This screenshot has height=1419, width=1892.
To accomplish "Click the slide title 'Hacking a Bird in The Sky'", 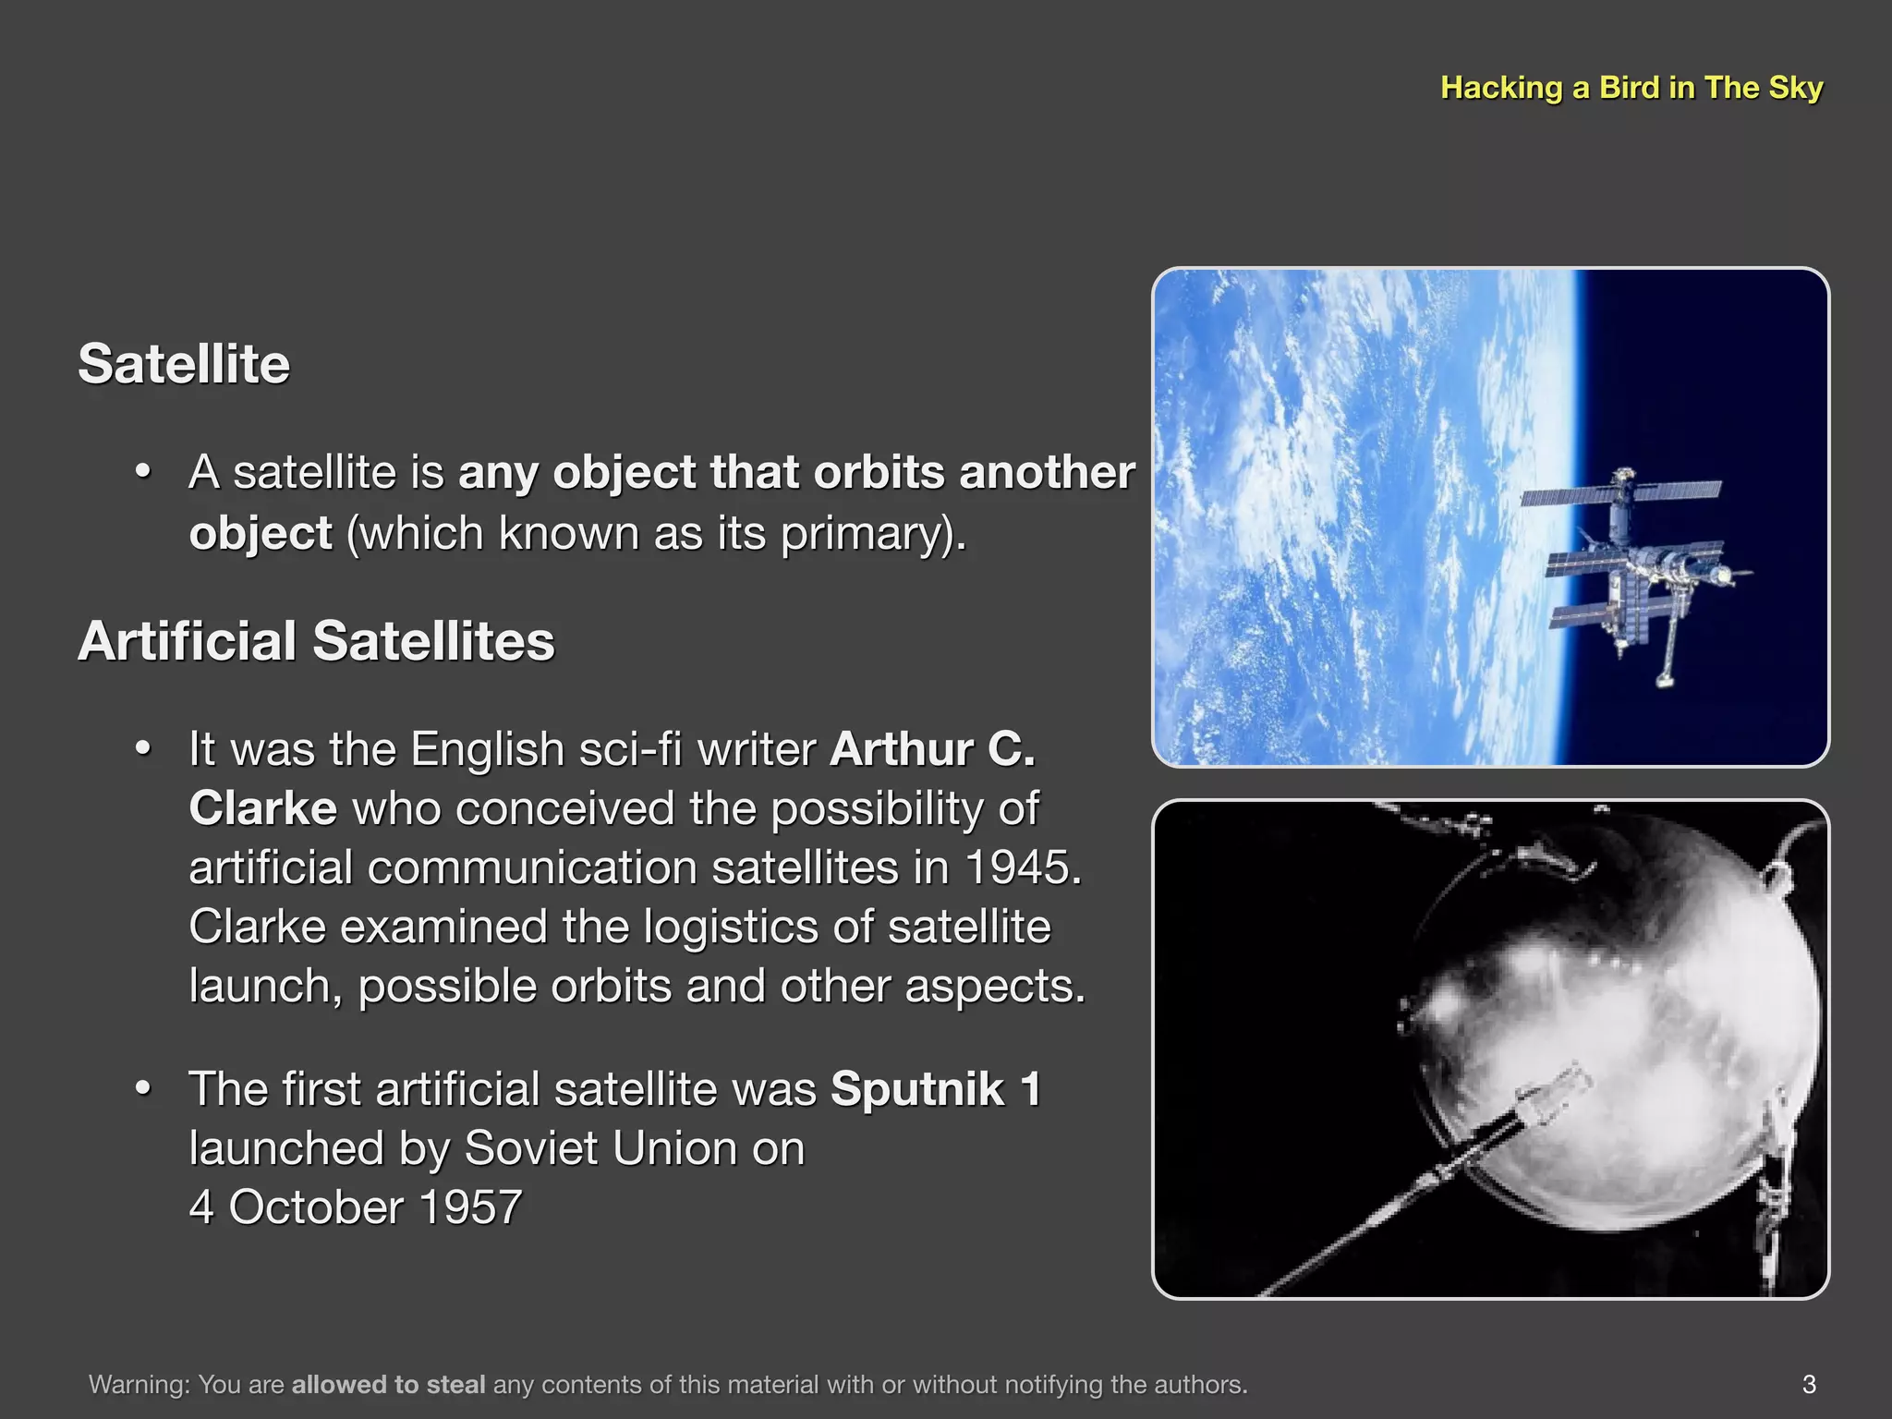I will (1631, 88).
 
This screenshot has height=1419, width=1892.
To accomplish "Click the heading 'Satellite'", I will (184, 363).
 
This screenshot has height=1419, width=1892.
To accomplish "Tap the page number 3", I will (1809, 1384).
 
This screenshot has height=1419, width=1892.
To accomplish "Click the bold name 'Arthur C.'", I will (932, 748).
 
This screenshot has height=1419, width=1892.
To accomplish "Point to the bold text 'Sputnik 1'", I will (935, 1088).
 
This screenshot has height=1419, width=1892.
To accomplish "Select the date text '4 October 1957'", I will (356, 1207).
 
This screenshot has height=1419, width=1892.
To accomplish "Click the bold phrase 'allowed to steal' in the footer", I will (388, 1384).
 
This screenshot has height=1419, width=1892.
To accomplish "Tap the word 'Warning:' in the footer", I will (139, 1384).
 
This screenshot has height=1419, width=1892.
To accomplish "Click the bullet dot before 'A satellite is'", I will (142, 472).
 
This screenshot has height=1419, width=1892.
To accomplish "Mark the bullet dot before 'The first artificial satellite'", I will (142, 1089).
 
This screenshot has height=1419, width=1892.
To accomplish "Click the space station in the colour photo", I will (1635, 573).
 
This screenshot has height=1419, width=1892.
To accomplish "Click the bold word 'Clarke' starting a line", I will (262, 808).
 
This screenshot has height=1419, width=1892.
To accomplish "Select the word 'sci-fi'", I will (630, 748).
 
